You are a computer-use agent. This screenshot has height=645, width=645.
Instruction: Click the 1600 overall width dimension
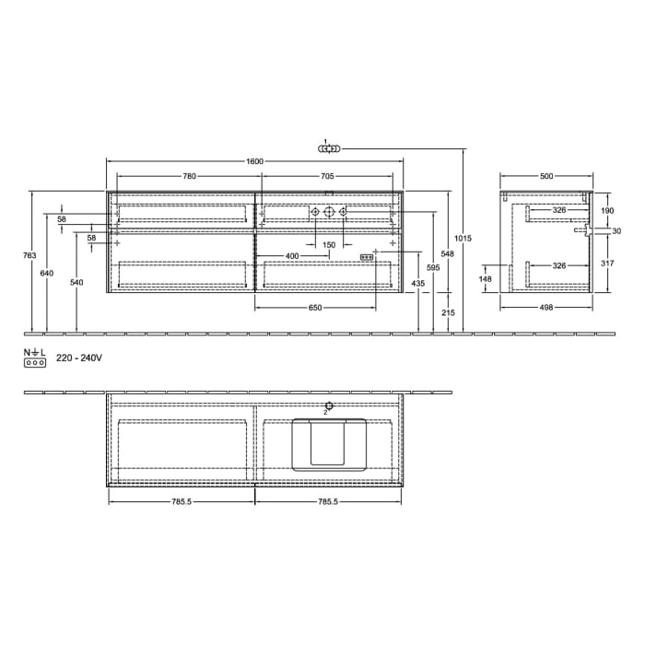point(255,161)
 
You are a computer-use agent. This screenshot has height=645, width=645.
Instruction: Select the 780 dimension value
point(188,175)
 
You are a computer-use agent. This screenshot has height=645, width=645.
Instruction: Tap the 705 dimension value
point(327,175)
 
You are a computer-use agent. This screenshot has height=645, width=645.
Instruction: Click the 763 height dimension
point(29,254)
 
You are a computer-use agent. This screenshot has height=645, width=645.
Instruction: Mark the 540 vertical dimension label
point(76,282)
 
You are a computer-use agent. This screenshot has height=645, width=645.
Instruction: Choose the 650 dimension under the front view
point(315,307)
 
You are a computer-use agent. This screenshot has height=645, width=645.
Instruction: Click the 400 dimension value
point(291,255)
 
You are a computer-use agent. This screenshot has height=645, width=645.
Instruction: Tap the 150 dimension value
point(329,245)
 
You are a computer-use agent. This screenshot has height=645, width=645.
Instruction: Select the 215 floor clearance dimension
point(448,313)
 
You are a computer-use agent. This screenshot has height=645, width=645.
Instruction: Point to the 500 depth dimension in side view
point(546,175)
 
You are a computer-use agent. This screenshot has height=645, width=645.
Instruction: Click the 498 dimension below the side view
point(546,307)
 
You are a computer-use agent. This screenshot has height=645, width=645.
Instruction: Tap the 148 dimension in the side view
point(486,277)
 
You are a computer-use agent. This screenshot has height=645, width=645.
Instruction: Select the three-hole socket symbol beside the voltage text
point(34,363)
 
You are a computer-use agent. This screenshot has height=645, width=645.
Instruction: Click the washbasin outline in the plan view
point(329,444)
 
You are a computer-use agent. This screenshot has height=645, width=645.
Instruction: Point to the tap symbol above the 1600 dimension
point(328,147)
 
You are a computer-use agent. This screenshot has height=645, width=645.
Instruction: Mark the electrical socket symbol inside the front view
point(366,257)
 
